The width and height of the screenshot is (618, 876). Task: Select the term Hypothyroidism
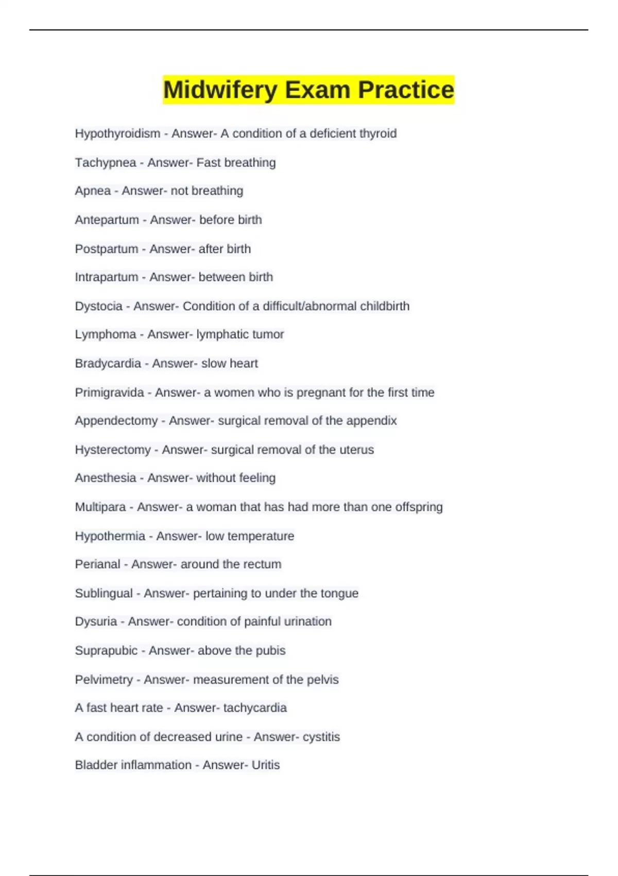click(117, 133)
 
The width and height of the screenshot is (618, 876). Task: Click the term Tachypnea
click(105, 163)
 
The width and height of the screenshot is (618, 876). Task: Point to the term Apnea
click(93, 191)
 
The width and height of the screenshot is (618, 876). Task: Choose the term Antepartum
click(107, 220)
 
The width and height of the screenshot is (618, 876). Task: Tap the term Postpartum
click(106, 249)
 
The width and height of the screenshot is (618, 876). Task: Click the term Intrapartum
click(106, 277)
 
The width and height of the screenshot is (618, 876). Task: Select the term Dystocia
click(98, 306)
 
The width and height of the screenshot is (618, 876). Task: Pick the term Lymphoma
click(105, 334)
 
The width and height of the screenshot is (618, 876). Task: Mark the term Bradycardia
click(108, 363)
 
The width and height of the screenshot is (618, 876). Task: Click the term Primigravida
click(109, 393)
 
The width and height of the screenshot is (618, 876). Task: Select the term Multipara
click(100, 507)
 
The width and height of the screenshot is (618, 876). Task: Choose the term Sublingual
click(104, 593)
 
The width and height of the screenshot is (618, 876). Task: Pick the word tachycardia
click(255, 707)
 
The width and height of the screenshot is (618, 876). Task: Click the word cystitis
click(321, 737)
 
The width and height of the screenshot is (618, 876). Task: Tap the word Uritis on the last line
click(265, 765)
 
